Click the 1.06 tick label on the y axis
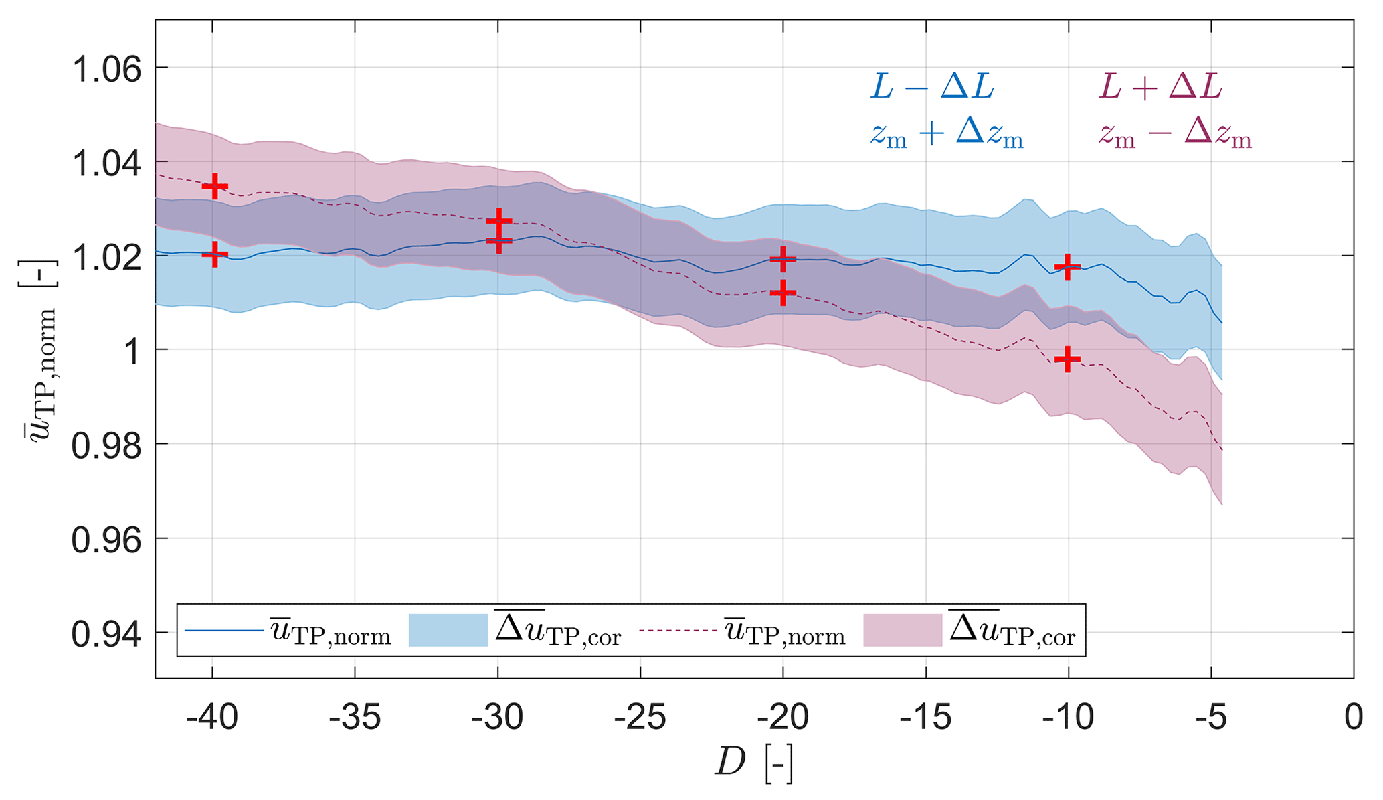[106, 69]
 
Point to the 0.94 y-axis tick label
[106, 635]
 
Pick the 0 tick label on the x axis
[1353, 718]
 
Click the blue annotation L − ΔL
[932, 87]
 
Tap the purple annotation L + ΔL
[1160, 87]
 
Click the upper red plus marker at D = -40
[215, 186]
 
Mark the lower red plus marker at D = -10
[1067, 359]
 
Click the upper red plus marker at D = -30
[498, 221]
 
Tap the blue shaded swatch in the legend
[448, 630]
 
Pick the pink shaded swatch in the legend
[903, 630]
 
